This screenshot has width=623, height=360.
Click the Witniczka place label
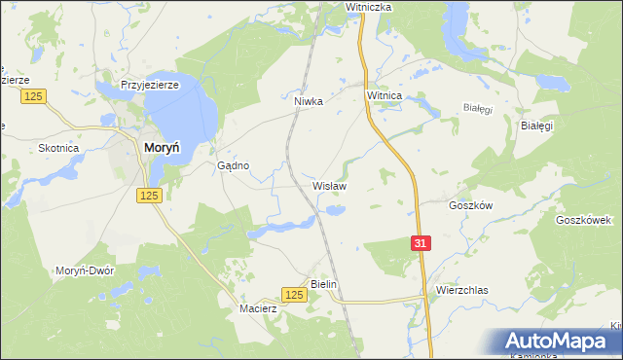click(x=368, y=7)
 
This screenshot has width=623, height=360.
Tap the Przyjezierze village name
click(x=150, y=86)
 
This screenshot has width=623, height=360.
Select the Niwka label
click(x=308, y=99)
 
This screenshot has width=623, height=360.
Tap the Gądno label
click(x=233, y=165)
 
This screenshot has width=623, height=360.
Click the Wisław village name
click(x=329, y=185)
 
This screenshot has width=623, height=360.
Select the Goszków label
click(x=471, y=205)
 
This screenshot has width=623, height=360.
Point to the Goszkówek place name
click(x=582, y=220)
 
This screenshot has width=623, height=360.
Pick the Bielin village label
click(x=322, y=284)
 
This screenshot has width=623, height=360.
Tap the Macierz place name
click(x=258, y=309)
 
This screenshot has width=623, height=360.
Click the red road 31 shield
click(x=420, y=243)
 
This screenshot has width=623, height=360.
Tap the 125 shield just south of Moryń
click(x=148, y=196)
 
